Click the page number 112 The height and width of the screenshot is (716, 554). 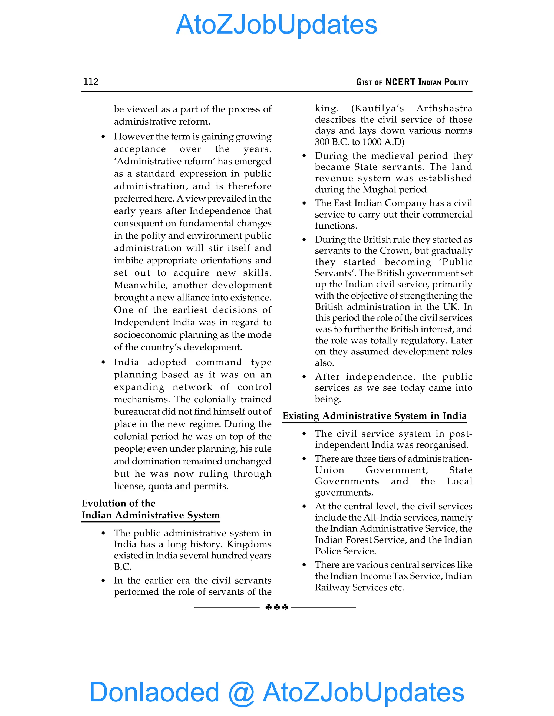91,82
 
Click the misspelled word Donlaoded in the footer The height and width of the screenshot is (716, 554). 154,692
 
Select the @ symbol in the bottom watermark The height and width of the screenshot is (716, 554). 241,692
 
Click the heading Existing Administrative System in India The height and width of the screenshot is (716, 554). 374,416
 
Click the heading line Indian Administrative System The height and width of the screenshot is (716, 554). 151,515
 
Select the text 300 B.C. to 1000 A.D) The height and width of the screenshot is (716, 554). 360,142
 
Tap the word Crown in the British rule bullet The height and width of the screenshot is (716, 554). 395,251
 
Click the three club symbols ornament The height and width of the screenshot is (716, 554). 277,607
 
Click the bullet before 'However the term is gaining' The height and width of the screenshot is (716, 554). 103,137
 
